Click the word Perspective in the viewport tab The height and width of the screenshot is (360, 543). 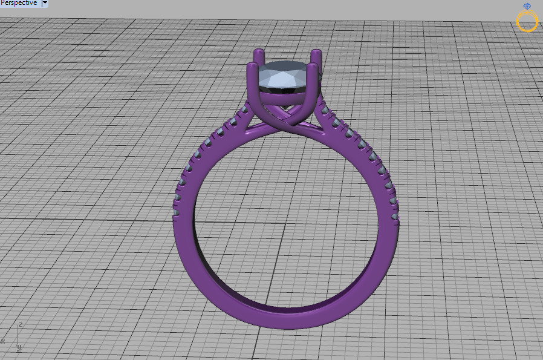tap(19, 3)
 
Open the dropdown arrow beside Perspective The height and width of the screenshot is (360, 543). tap(45, 3)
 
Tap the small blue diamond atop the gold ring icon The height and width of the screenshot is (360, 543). tap(527, 7)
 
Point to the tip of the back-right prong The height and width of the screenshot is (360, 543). tap(316, 53)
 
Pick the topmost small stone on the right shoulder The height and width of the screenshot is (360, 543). tap(322, 108)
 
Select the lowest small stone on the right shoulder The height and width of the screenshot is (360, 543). tap(395, 215)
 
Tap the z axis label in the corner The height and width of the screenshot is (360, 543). tap(21, 325)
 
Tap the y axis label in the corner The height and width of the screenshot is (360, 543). tap(19, 347)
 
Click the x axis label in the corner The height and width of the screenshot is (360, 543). tap(2, 341)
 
